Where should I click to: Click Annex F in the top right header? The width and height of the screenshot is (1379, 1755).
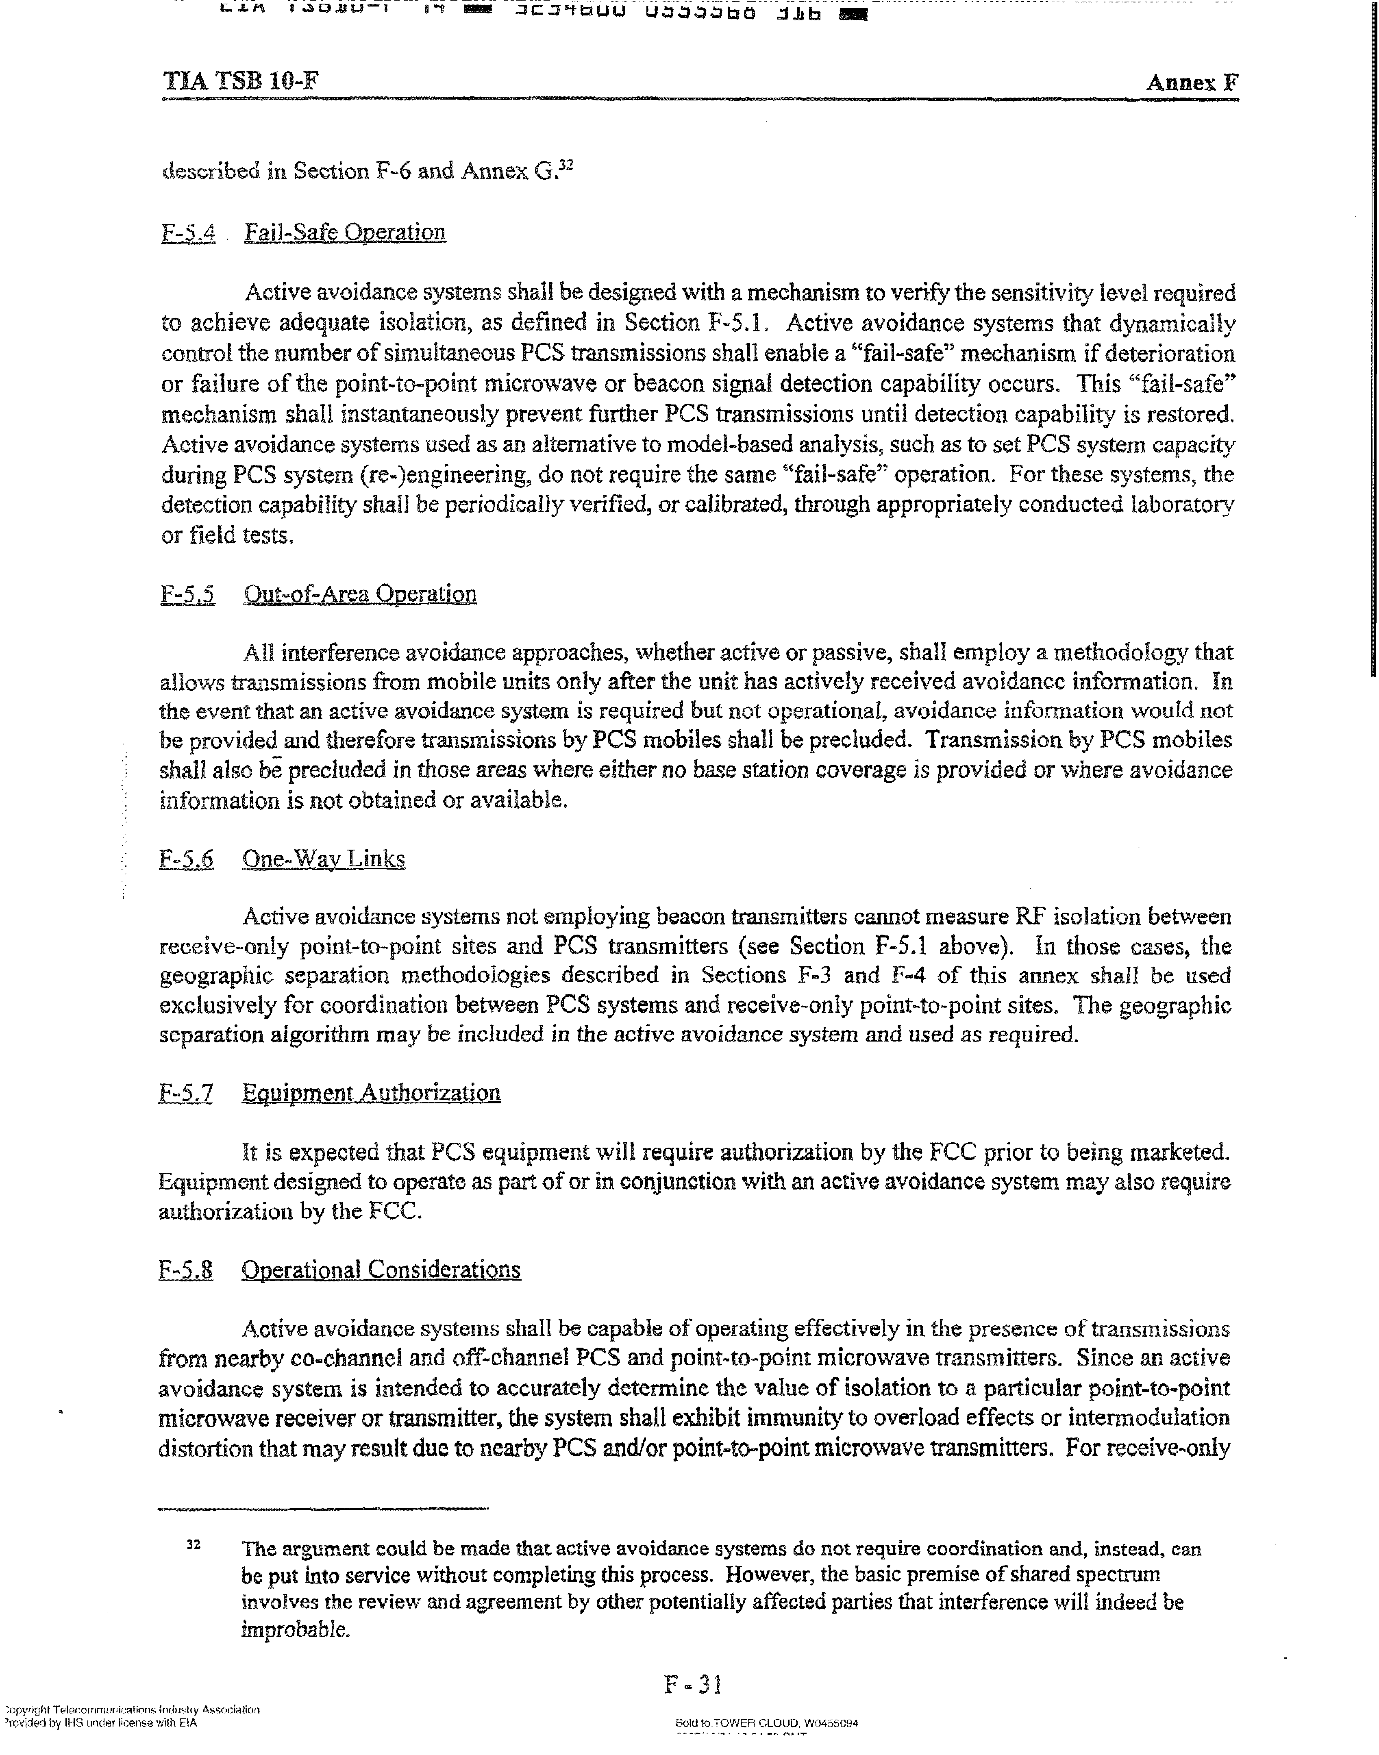coord(1192,83)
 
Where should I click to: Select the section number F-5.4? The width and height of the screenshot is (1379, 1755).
coord(188,233)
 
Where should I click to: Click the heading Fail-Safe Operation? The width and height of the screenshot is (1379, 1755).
coord(345,233)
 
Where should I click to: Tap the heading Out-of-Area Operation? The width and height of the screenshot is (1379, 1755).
coord(359,594)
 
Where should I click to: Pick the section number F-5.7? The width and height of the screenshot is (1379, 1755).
coord(186,1094)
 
